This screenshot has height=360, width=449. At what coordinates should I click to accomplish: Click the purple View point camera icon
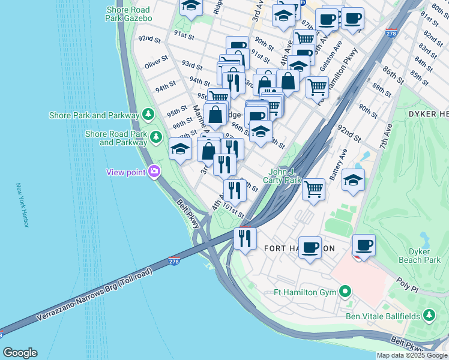(155, 172)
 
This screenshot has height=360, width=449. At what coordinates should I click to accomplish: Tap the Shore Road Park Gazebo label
(129, 14)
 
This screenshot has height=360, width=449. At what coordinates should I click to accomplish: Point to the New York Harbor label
(22, 205)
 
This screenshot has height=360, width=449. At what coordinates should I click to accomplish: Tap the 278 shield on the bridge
(174, 263)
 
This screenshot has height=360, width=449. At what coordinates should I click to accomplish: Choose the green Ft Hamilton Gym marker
(345, 292)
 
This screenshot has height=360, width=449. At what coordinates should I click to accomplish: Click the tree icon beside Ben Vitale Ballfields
(429, 315)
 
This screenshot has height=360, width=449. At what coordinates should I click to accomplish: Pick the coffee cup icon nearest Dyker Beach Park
(364, 245)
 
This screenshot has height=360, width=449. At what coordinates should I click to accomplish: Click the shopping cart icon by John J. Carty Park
(314, 189)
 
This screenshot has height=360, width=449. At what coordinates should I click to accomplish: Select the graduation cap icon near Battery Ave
(354, 179)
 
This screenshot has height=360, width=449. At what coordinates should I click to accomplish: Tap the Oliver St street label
(155, 61)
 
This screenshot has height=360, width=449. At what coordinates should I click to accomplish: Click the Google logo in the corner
(20, 353)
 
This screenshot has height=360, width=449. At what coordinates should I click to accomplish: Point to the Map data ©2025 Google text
(412, 355)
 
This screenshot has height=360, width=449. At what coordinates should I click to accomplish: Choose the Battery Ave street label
(343, 164)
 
